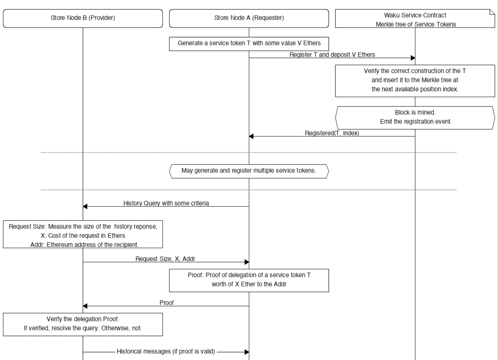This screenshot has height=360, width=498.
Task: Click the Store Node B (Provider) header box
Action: (x=83, y=18)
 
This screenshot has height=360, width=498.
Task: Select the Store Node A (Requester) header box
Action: (x=249, y=18)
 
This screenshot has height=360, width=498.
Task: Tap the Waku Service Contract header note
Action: (x=415, y=19)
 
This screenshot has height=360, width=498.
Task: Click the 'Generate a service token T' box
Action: (x=249, y=43)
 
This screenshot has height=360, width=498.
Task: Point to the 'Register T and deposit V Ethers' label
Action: (x=332, y=55)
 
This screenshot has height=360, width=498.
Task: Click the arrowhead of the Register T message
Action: (x=413, y=58)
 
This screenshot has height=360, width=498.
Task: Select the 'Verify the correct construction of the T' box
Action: (x=415, y=80)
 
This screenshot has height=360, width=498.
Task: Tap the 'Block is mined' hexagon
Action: (x=415, y=117)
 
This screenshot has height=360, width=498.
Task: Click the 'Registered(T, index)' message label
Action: (x=332, y=133)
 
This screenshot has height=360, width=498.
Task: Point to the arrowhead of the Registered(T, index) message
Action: (x=251, y=136)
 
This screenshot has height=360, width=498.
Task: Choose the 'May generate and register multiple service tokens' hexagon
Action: (x=249, y=171)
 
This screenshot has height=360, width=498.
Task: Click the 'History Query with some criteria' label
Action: (x=166, y=203)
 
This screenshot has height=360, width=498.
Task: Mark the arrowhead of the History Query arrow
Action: (x=85, y=206)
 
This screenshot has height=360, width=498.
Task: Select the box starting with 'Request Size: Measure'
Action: (x=83, y=235)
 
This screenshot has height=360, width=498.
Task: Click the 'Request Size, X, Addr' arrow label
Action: (x=165, y=259)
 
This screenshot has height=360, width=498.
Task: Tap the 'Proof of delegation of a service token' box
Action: (x=249, y=280)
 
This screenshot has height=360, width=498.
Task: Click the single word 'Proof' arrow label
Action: (x=167, y=303)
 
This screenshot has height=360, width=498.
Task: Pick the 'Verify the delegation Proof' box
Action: (x=83, y=324)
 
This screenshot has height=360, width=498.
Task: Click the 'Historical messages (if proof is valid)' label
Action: (x=166, y=352)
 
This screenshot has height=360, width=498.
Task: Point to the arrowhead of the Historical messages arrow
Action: (x=247, y=352)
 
